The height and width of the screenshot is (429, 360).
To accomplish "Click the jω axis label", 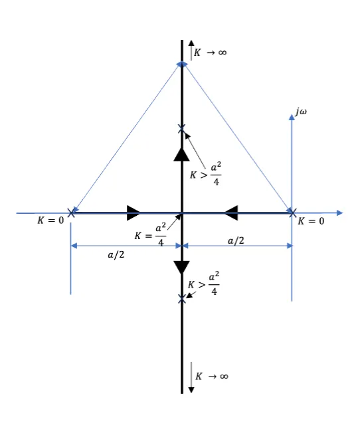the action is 301,112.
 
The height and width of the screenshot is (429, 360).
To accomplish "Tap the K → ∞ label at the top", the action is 210,52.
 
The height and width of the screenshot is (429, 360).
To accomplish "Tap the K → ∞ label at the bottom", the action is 212,376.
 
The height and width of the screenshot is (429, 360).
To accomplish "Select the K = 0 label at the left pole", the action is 50,220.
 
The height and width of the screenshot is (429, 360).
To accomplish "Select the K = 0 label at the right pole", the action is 311,221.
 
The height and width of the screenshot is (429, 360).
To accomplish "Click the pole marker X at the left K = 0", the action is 71,213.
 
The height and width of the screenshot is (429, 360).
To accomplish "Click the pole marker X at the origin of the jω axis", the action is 292,213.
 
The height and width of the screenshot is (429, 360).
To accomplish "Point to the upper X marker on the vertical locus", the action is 181,129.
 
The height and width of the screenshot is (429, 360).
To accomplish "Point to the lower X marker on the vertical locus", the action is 181,299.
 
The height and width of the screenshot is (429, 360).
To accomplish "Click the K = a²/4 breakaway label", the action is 151,234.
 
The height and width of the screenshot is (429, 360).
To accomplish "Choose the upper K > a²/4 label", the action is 206,173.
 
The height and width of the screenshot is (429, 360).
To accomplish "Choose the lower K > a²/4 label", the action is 203,283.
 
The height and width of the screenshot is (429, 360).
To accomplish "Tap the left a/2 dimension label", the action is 116,255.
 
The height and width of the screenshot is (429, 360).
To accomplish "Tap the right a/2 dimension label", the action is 236,240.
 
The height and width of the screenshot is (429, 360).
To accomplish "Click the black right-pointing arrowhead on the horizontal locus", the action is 134,213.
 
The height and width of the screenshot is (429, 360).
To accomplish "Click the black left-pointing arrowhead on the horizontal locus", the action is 231,213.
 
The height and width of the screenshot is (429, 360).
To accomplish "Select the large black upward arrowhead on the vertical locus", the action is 181,155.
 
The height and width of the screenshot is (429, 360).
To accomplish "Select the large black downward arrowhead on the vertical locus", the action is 181,268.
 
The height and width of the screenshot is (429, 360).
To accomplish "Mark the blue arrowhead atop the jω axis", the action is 292,117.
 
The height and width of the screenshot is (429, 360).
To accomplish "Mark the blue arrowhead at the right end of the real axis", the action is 340,213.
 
